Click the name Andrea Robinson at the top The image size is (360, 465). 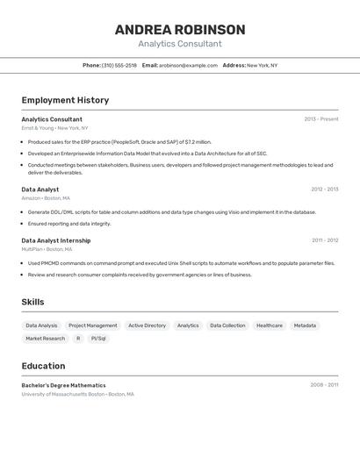coord(180,30)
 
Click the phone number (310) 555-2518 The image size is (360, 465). coord(119,65)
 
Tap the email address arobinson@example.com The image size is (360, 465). coord(188,65)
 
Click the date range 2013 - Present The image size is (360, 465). coord(320,119)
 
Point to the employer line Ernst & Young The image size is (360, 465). coord(54,128)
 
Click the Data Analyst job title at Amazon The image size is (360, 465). coord(40,190)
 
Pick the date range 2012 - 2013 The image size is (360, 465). coord(324,190)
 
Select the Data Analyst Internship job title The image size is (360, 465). coord(55,240)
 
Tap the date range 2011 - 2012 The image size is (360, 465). coord(324,240)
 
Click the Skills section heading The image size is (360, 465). coord(33,302)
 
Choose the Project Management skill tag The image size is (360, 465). coord(92,325)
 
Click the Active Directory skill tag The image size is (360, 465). coord(147,325)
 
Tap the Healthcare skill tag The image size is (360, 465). coord(270,325)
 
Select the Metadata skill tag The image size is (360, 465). coord(305,325)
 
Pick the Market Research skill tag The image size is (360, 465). coord(45,338)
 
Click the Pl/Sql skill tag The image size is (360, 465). coord(98,338)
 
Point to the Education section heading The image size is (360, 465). coord(43,366)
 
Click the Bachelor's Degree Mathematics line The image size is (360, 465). coord(63,385)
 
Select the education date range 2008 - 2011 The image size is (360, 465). coord(324,385)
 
